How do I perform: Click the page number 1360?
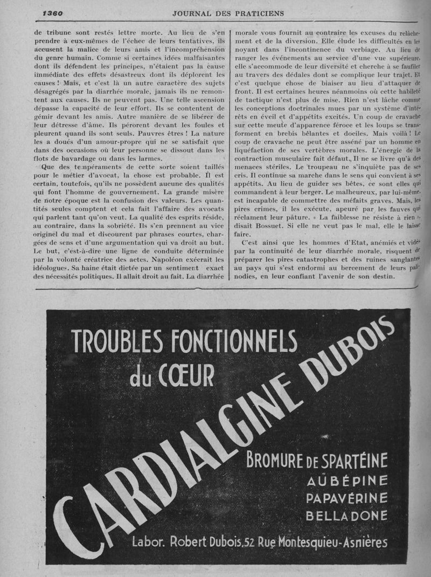pos(53,13)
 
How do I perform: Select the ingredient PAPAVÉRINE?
pos(346,498)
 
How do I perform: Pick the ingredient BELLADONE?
pos(346,516)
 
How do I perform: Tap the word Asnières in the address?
pos(366,541)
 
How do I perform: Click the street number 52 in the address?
pos(248,542)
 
